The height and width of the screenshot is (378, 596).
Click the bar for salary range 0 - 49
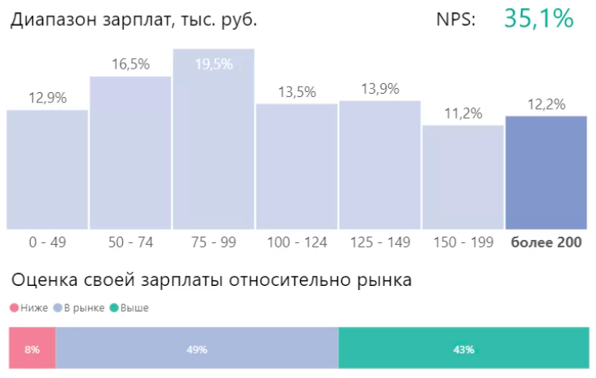click(x=47, y=170)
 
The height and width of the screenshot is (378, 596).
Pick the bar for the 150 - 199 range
click(x=463, y=177)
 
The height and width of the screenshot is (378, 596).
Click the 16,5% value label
click(x=130, y=65)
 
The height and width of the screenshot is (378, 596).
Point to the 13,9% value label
click(x=379, y=90)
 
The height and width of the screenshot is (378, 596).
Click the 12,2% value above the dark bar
click(x=546, y=104)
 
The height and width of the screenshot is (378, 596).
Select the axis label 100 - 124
click(x=297, y=241)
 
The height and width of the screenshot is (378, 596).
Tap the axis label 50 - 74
click(x=130, y=241)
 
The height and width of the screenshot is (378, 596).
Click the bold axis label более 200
click(x=546, y=241)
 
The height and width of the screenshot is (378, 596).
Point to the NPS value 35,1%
click(x=539, y=18)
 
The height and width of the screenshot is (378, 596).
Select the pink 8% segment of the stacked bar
click(x=32, y=349)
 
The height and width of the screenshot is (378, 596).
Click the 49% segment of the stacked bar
click(x=197, y=349)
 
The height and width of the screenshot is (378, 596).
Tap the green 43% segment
click(x=463, y=349)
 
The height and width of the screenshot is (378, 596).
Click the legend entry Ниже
click(x=32, y=308)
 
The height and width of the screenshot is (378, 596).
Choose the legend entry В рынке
click(x=83, y=308)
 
